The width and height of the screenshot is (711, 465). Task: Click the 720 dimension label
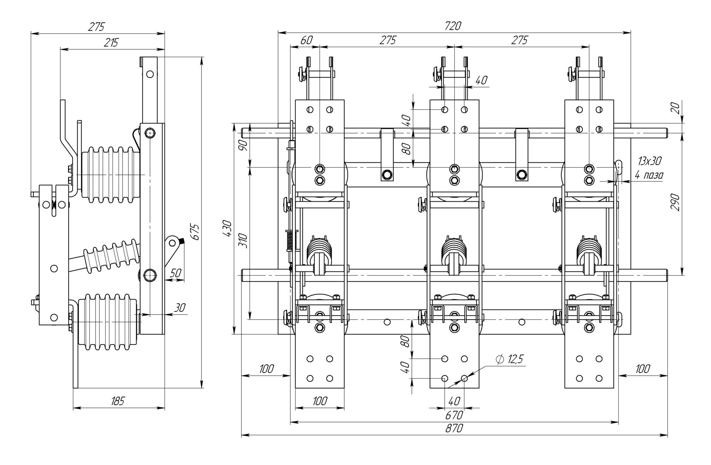pos(454,26)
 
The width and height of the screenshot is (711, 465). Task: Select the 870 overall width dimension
pos(454,428)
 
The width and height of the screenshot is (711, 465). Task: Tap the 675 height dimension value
pos(196,232)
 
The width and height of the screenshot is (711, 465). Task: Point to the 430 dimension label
pos(227,229)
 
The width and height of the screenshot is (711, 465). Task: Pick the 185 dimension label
pos(118,401)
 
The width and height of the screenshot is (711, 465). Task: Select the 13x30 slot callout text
pos(650,161)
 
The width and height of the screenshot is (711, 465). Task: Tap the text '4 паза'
pos(649,175)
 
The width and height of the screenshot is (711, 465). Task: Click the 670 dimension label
pos(454,415)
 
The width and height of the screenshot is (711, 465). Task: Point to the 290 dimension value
pos(675,202)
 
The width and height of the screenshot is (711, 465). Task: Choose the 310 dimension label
pos(243,241)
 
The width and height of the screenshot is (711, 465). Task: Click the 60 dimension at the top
pos(306,40)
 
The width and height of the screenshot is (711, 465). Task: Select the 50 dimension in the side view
pos(176,273)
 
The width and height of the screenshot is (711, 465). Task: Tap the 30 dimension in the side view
pos(180,308)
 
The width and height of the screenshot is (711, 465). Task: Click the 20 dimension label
pos(675,108)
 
